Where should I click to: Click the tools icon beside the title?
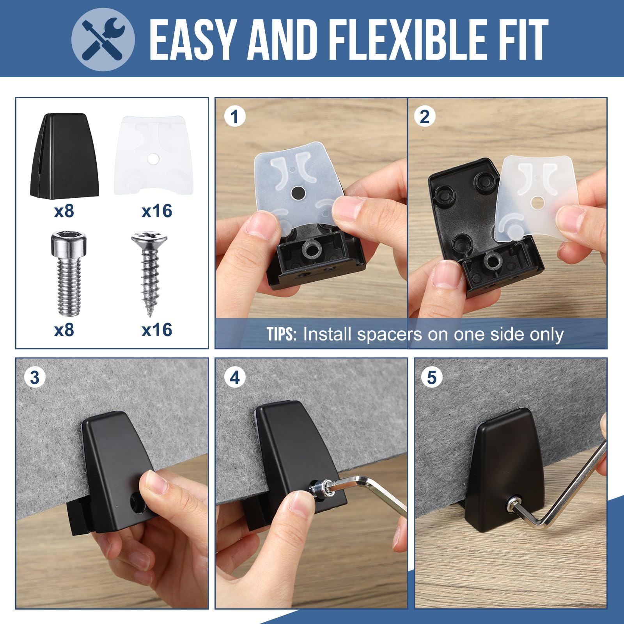pos(103,39)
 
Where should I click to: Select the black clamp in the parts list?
pos(64,156)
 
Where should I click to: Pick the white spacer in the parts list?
pos(153,155)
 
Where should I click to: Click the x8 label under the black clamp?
pos(64,211)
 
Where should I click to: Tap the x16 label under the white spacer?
pos(157,211)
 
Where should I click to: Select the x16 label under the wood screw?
pos(157,330)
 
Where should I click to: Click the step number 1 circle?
pos(235,116)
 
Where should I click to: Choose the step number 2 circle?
pos(425,116)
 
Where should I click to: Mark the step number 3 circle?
pos(35,378)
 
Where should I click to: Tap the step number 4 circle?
pos(235,378)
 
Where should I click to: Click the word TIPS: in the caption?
pos(282,335)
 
